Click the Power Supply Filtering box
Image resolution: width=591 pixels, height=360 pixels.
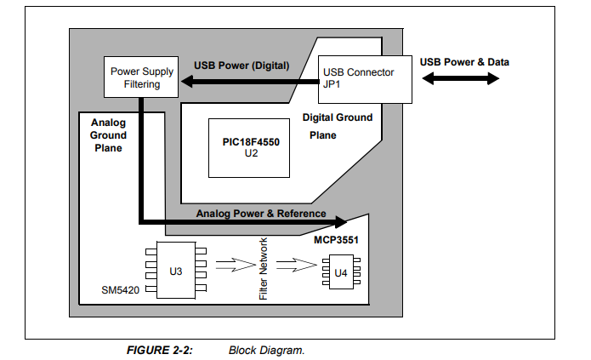click(141, 77)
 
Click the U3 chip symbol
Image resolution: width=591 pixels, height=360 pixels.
click(174, 271)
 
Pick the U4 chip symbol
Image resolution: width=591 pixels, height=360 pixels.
click(340, 273)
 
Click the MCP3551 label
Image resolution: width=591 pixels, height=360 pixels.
click(337, 241)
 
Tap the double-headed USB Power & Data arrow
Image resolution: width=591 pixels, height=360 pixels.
click(460, 78)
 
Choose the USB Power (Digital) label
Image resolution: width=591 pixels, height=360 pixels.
click(242, 65)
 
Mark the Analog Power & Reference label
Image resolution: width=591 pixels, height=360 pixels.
click(261, 213)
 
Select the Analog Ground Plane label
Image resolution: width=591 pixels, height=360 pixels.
click(108, 135)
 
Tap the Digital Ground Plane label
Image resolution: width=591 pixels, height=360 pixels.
click(337, 126)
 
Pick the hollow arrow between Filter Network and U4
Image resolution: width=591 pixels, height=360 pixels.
click(295, 266)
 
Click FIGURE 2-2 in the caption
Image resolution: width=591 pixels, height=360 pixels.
click(159, 350)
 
